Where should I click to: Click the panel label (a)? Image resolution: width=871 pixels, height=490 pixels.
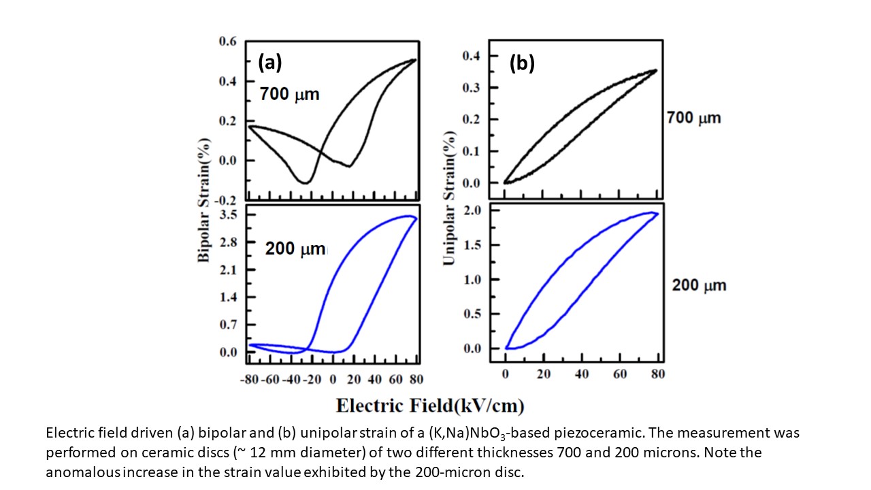coord(269,63)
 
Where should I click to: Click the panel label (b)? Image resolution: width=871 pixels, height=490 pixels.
coord(522,63)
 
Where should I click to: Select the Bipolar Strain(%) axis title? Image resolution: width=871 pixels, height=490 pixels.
coord(203,200)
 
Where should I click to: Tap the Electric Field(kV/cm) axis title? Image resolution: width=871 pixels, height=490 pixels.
coord(430,406)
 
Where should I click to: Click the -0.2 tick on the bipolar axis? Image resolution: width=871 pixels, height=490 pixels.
coord(227,200)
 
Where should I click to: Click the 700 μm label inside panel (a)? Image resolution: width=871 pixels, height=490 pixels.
coord(289,95)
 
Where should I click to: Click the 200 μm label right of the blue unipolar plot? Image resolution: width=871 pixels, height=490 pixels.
coord(699,285)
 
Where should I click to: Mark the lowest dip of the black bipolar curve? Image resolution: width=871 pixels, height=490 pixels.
coord(306,182)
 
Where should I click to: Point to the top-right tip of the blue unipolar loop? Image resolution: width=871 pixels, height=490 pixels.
coord(655,213)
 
